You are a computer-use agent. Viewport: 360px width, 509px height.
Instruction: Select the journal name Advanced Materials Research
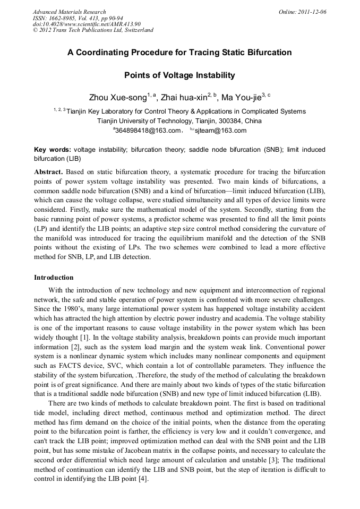click(69, 12)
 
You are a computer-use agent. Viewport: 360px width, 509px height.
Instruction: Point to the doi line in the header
click(87, 24)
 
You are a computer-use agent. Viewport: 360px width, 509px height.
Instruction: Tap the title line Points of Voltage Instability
click(179, 75)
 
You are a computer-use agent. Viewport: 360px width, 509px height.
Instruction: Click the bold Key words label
click(52, 150)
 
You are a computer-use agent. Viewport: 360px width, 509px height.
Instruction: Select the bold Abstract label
click(48, 172)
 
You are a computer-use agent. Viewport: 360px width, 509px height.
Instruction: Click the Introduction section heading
click(54, 278)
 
